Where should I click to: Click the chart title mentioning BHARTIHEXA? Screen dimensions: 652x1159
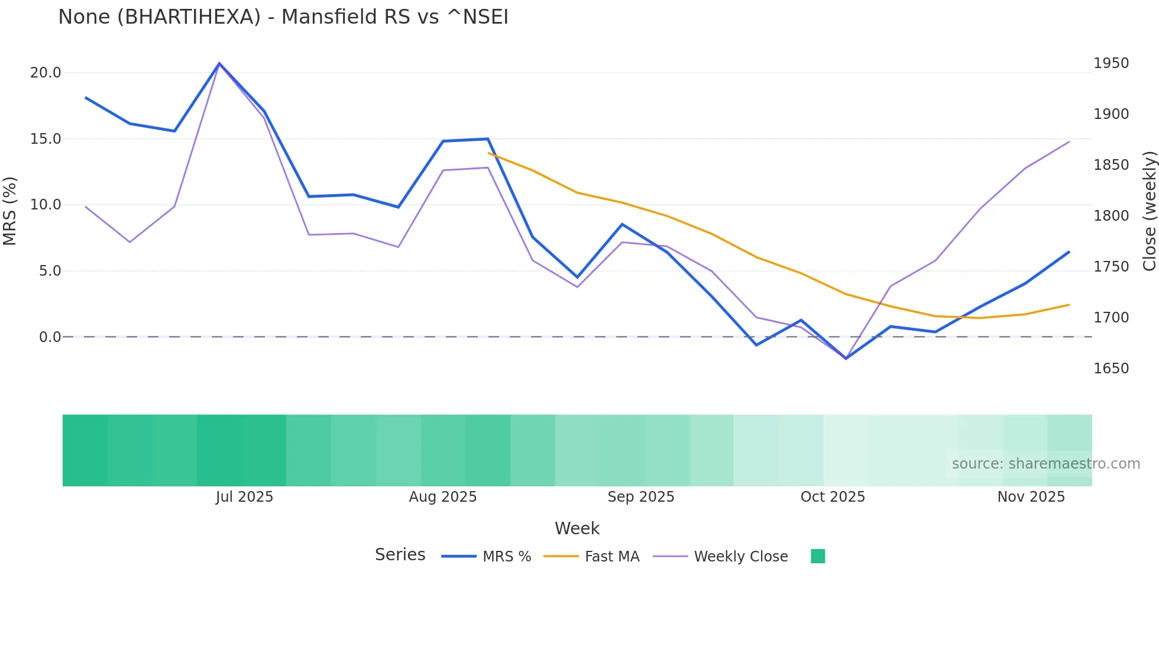(283, 17)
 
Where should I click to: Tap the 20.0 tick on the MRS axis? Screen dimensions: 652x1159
(46, 73)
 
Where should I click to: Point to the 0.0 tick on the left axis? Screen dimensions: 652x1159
(50, 337)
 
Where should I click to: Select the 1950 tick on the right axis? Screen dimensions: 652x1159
(1111, 63)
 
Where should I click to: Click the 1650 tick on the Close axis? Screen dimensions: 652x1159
(1111, 369)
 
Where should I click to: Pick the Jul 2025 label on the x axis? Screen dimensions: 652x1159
(244, 497)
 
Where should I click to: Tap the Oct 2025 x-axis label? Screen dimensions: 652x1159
(833, 497)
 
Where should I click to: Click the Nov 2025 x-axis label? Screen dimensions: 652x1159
(1031, 497)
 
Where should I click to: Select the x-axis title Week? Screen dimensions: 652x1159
(577, 528)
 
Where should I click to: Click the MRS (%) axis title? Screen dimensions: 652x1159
(10, 211)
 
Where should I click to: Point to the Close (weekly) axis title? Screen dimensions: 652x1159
(1149, 211)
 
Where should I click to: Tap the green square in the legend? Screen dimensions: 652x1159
(818, 556)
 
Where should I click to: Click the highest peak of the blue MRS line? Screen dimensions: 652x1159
(219, 63)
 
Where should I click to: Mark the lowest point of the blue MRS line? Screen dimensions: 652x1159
(846, 359)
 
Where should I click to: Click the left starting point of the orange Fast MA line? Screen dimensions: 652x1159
(488, 153)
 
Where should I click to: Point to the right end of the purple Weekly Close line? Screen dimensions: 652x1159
(1069, 142)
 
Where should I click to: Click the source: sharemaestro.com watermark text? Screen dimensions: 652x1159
(1045, 464)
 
